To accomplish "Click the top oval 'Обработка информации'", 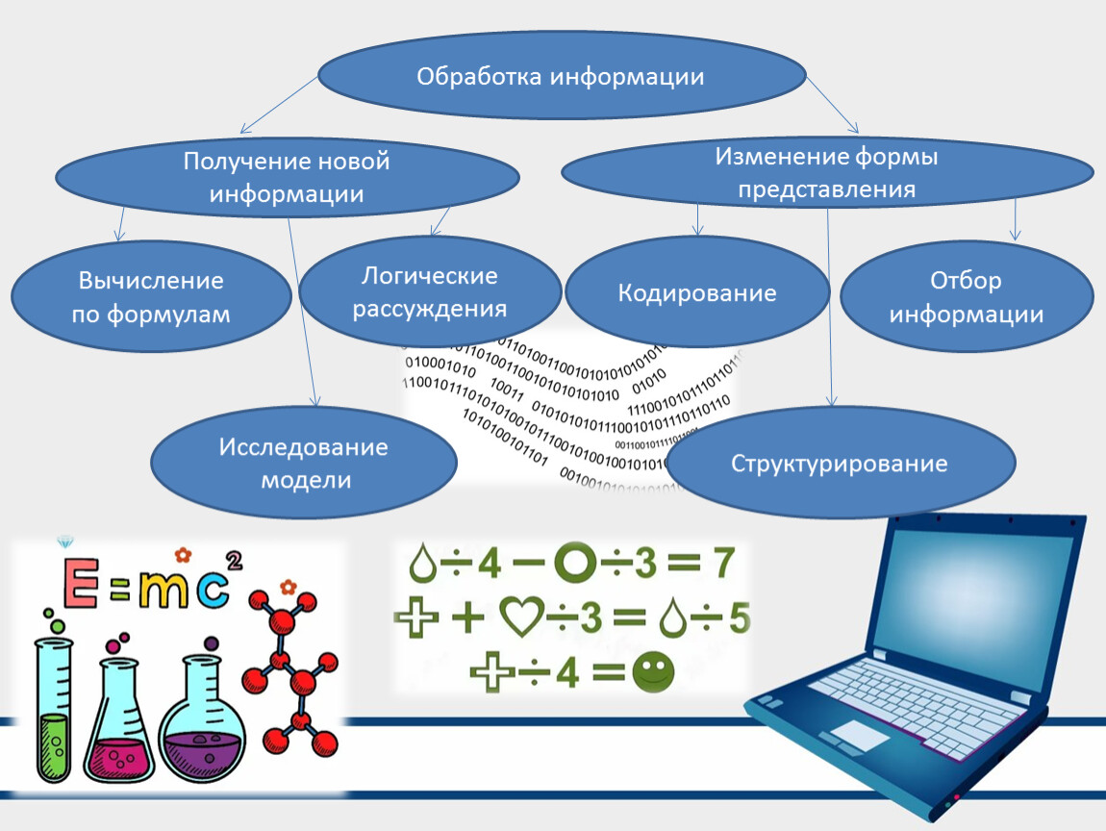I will click(x=561, y=78).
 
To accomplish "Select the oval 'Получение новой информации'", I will click(x=287, y=177).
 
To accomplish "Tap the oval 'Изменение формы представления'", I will click(x=826, y=173).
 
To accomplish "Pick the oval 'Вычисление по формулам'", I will click(x=151, y=296).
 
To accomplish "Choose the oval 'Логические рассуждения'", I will click(x=430, y=292).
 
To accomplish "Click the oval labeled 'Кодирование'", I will click(x=697, y=292).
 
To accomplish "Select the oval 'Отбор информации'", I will click(x=967, y=297).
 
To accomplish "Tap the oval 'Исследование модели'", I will click(x=304, y=463).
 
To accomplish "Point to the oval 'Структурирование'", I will click(x=840, y=464).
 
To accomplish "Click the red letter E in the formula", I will click(x=80, y=586).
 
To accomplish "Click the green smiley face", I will click(x=653, y=672).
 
